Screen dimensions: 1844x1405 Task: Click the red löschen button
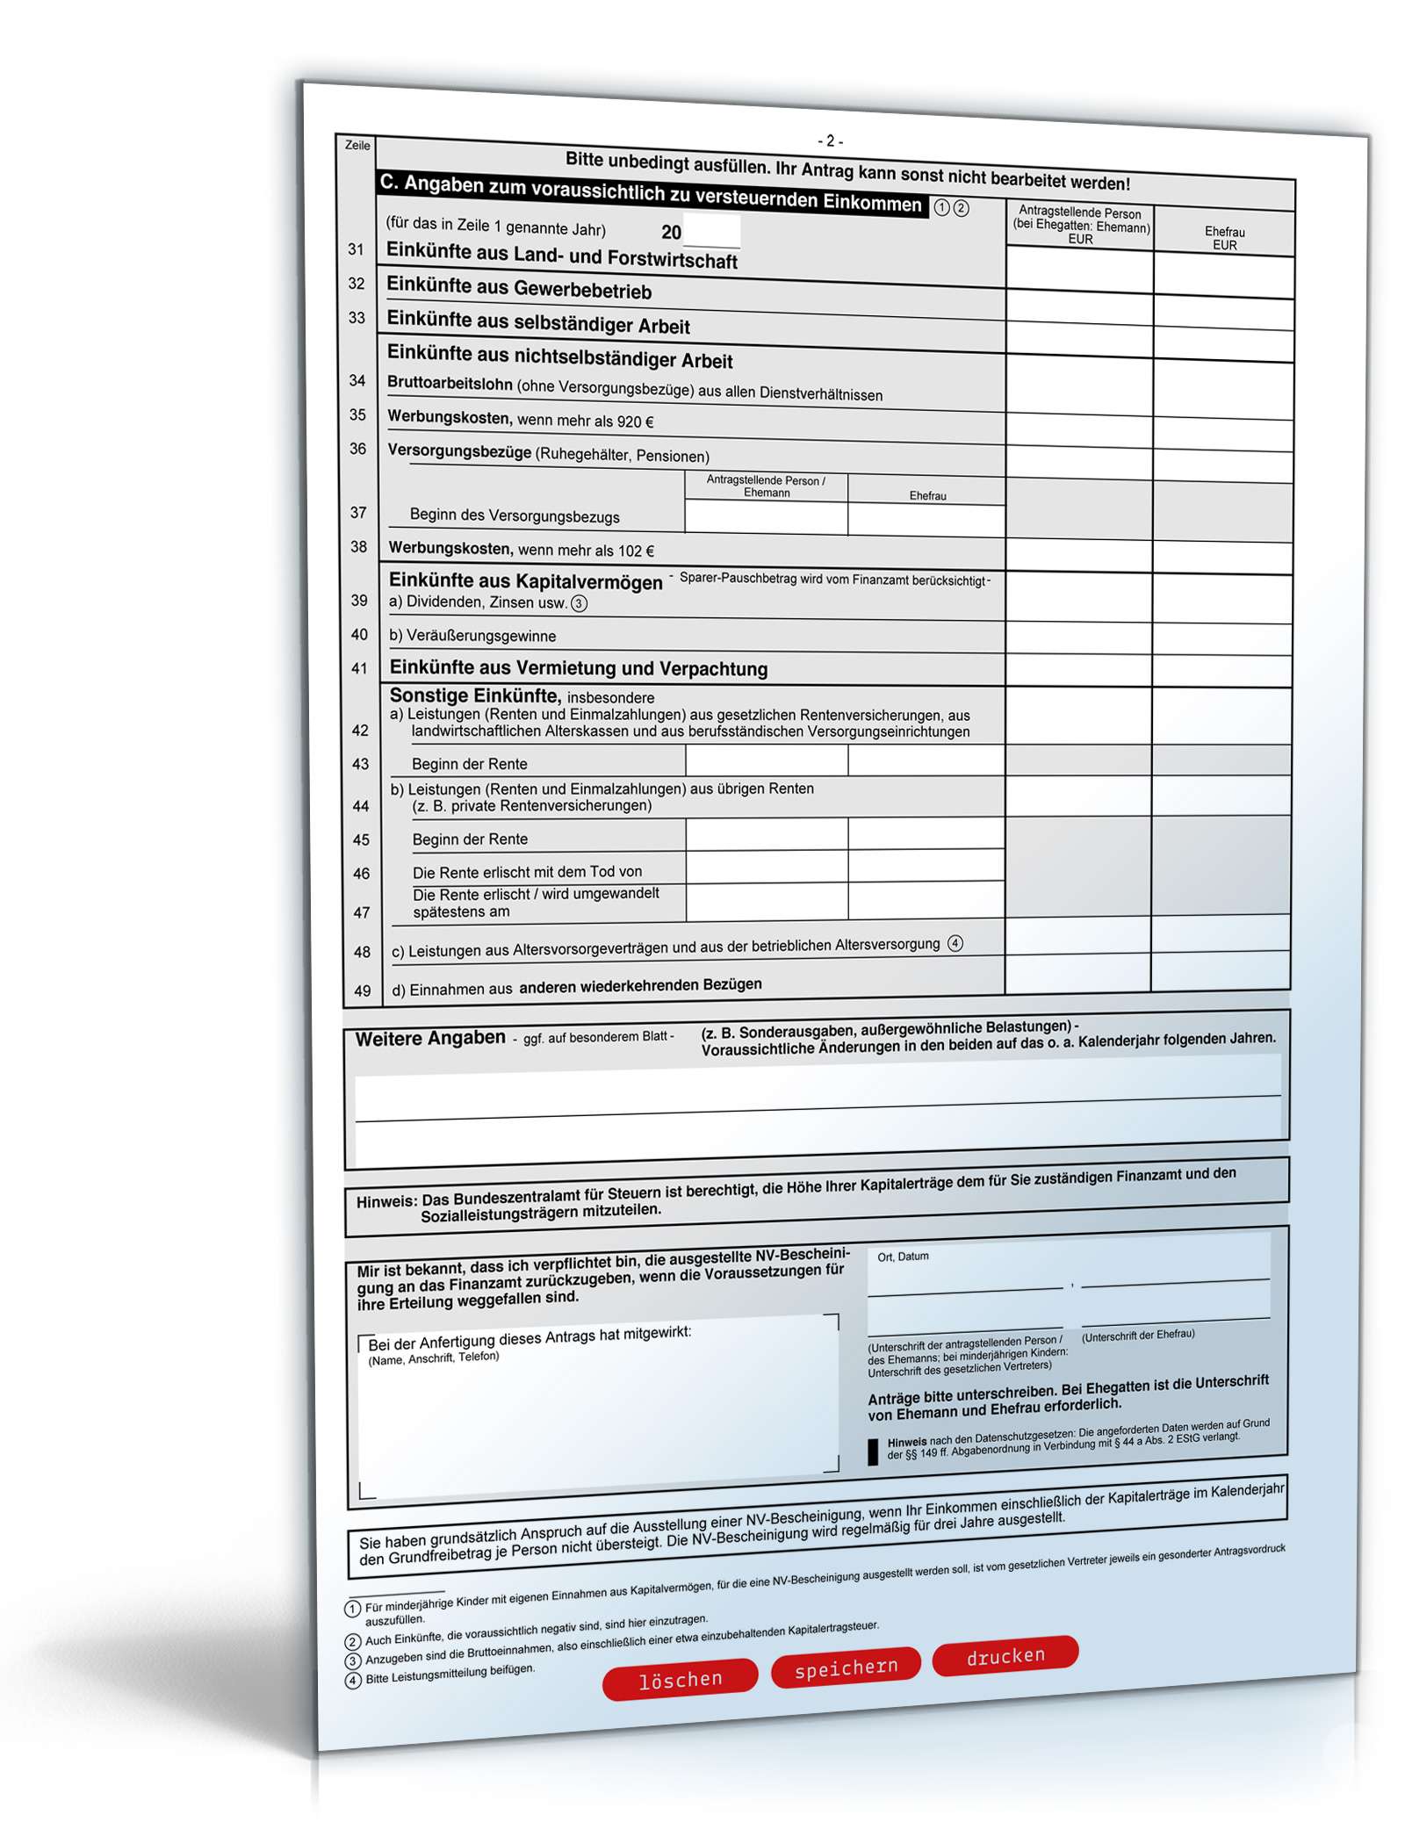[x=680, y=1680]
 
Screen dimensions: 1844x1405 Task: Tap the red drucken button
[x=1005, y=1656]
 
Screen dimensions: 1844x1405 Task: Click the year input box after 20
[x=711, y=233]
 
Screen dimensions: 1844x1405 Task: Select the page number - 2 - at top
[x=830, y=140]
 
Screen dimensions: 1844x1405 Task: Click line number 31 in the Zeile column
[x=356, y=249]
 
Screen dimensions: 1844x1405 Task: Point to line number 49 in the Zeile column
[x=363, y=990]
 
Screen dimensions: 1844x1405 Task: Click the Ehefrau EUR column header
[x=1224, y=238]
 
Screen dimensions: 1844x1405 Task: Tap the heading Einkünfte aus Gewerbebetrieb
[x=519, y=288]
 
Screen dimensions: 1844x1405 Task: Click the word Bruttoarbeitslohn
[x=450, y=384]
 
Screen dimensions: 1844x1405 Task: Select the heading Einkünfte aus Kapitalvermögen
[x=525, y=581]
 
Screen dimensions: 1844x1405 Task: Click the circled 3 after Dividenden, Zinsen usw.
[x=579, y=603]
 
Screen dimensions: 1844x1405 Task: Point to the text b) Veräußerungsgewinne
[x=472, y=635]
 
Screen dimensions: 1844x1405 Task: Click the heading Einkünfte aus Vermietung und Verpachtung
[x=578, y=668]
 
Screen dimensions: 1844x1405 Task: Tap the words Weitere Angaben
[x=430, y=1038]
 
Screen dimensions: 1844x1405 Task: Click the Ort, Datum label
[x=903, y=1257]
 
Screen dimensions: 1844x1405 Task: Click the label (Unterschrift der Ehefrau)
[x=1137, y=1336]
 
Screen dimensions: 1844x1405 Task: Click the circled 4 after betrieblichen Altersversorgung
[x=955, y=943]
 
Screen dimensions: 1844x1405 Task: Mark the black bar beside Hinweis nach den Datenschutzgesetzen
[x=873, y=1452]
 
